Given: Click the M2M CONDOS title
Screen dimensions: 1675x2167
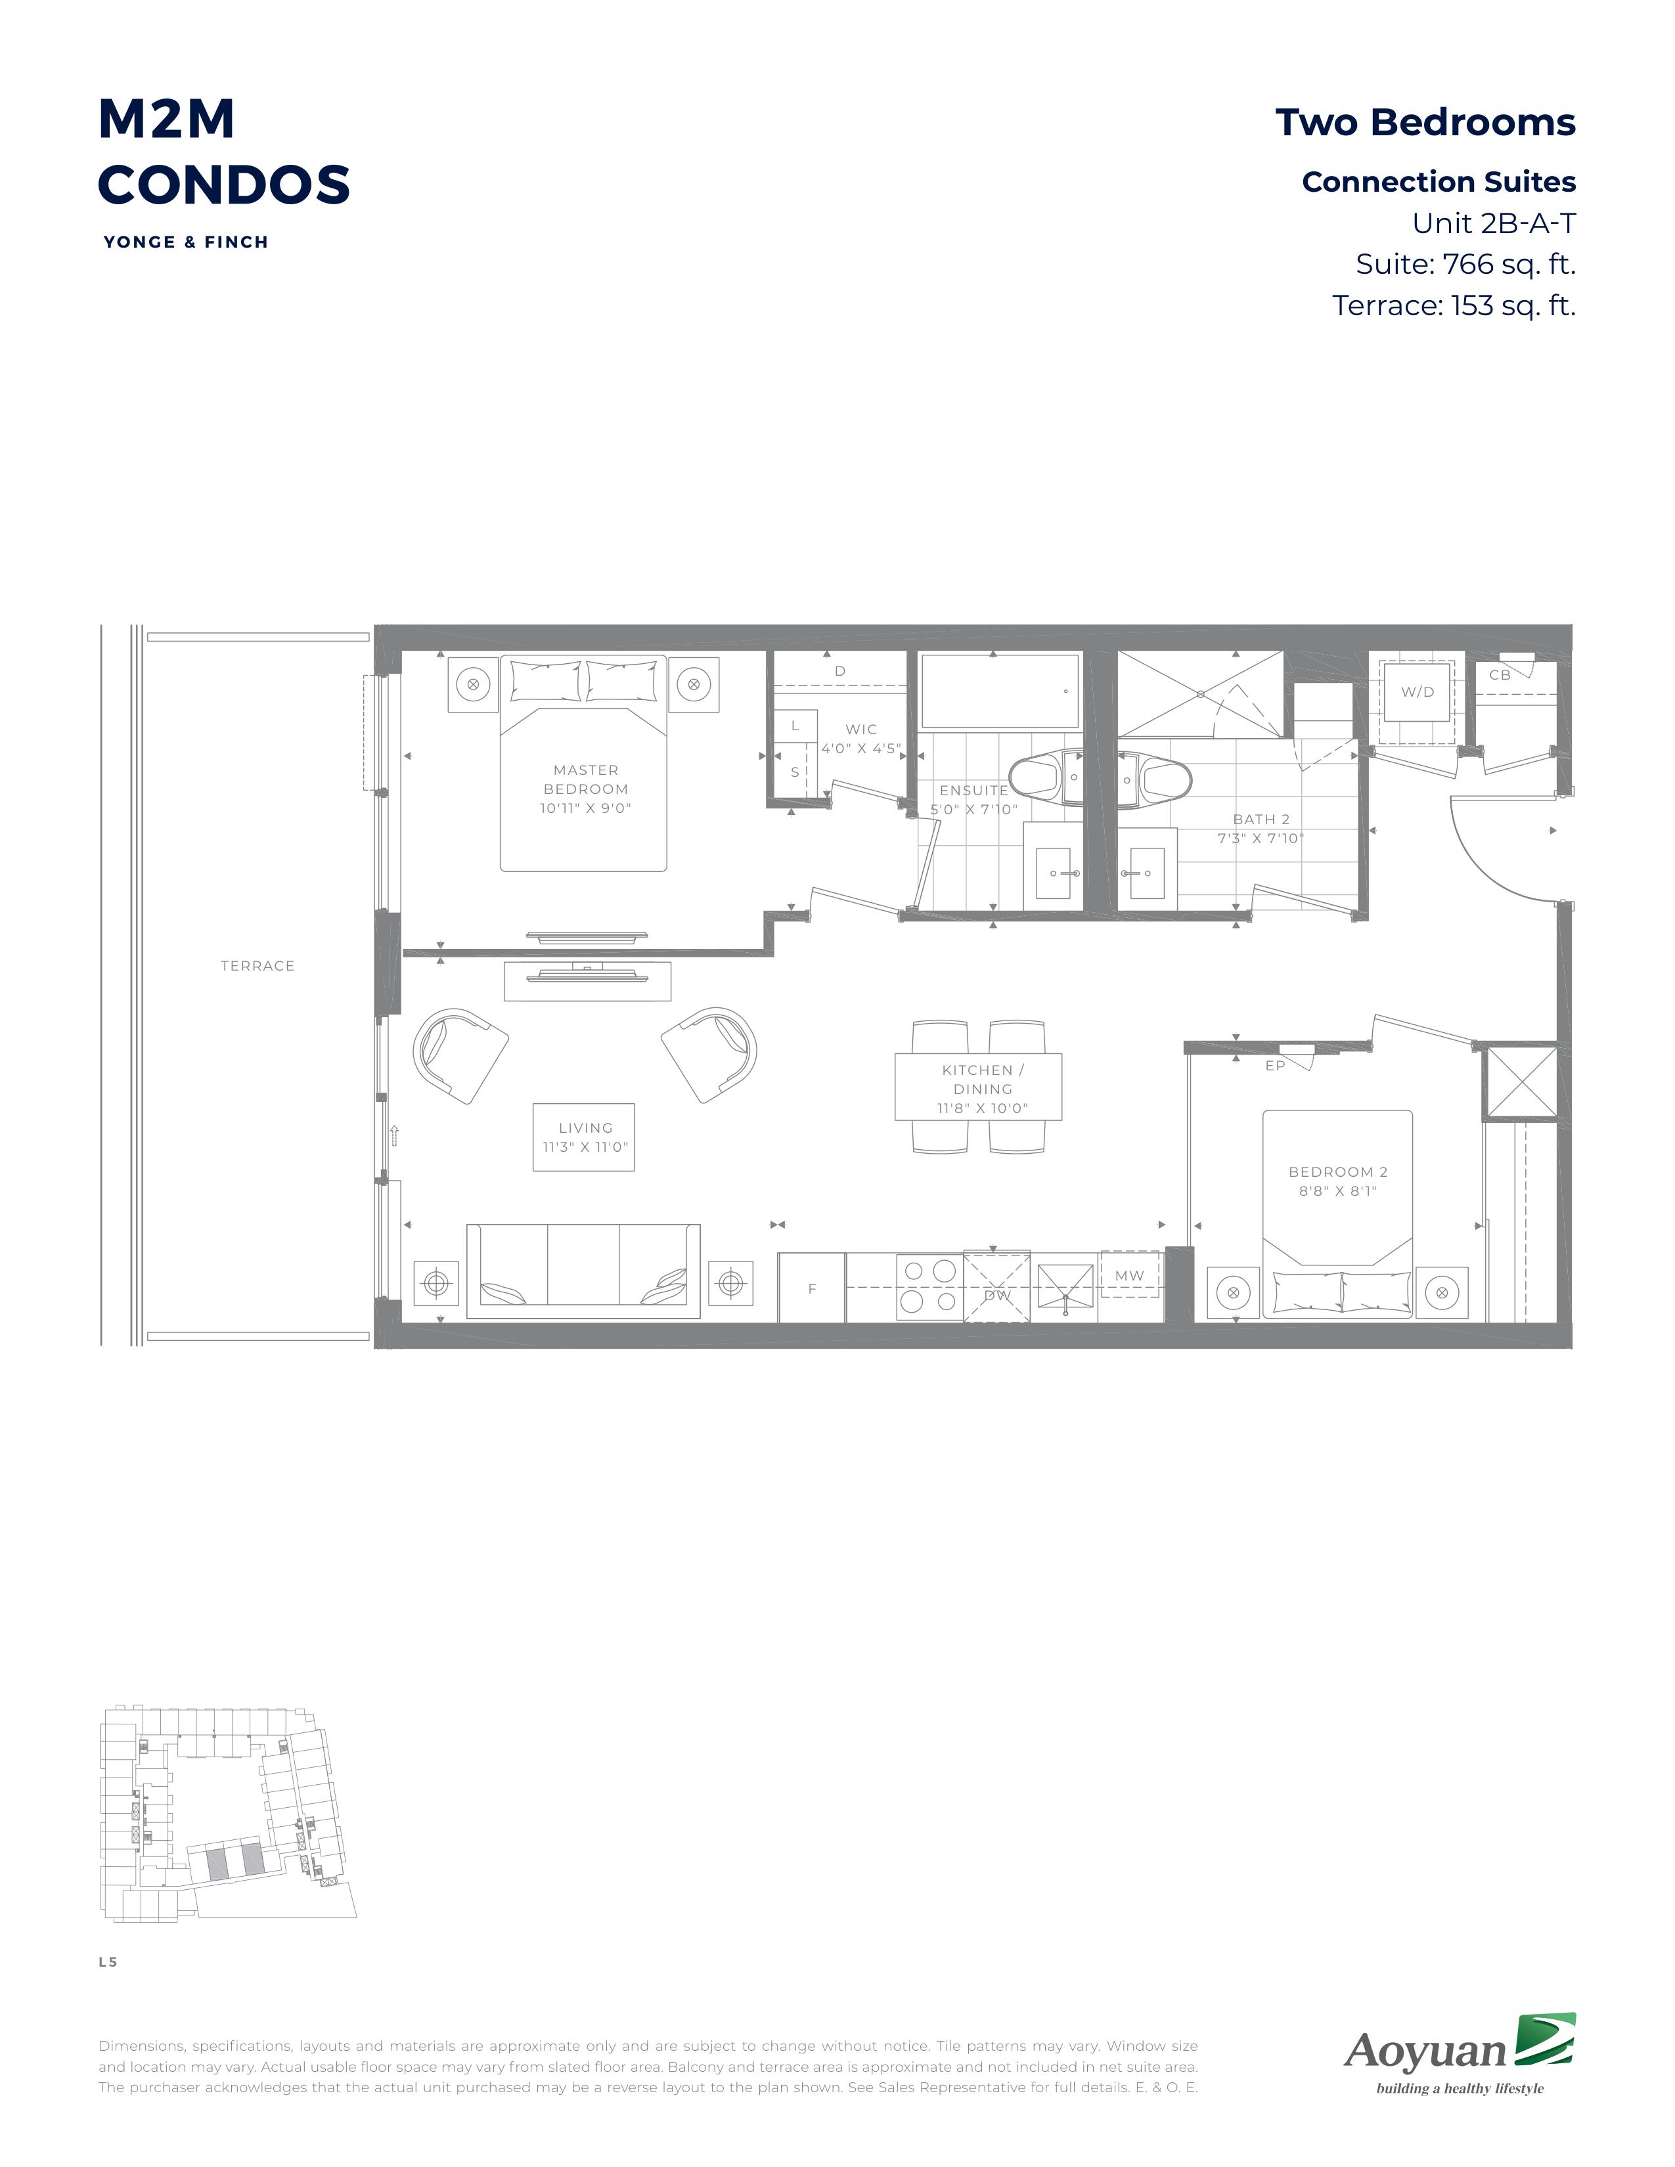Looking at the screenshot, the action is [x=223, y=152].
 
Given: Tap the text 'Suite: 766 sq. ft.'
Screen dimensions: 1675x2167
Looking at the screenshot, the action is [x=1465, y=264].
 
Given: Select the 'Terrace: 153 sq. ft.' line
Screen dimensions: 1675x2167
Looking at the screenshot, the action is [x=1454, y=305].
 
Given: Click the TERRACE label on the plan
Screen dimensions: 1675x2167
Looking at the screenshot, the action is [x=257, y=965].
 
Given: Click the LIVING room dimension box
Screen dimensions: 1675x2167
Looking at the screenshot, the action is [x=583, y=1137].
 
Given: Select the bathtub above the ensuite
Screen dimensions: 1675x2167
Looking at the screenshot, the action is [x=1000, y=691].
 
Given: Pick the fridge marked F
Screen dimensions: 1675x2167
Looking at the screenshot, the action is [x=812, y=1288].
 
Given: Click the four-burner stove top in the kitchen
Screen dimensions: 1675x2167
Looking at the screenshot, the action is [x=929, y=1287].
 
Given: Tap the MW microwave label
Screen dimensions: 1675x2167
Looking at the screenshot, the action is [x=1129, y=1276].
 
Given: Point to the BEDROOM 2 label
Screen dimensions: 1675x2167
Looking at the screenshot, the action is [x=1337, y=1181].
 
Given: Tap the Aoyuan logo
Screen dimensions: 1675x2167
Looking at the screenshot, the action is [x=1460, y=2053].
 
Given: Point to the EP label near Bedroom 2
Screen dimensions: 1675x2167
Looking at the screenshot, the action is [x=1275, y=1066].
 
